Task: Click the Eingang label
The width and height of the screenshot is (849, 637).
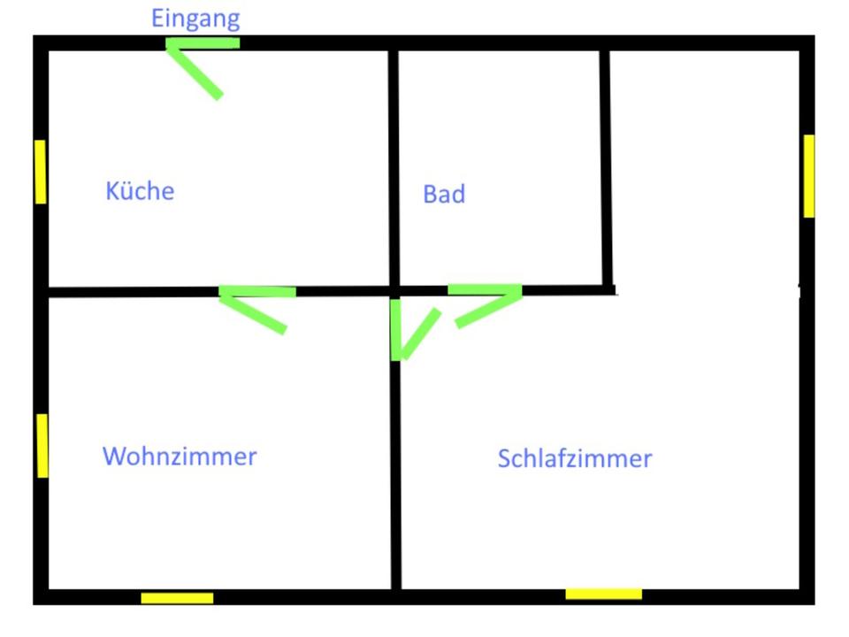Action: pyautogui.click(x=195, y=19)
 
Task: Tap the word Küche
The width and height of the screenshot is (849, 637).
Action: pyautogui.click(x=140, y=190)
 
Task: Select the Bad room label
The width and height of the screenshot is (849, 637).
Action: pyautogui.click(x=444, y=194)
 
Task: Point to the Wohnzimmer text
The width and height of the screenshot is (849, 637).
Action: pyautogui.click(x=180, y=456)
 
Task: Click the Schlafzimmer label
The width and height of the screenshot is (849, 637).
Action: pyautogui.click(x=575, y=458)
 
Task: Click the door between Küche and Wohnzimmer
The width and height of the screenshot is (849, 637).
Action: pyautogui.click(x=256, y=305)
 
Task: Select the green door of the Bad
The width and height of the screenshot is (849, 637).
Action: pyautogui.click(x=486, y=301)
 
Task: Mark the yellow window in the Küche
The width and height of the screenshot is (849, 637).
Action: pyautogui.click(x=40, y=172)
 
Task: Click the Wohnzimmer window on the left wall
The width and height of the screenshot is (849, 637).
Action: pyautogui.click(x=42, y=445)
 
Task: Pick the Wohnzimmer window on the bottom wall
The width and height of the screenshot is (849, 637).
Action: pyautogui.click(x=177, y=598)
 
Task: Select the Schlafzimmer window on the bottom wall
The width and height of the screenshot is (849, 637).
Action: pyautogui.click(x=603, y=594)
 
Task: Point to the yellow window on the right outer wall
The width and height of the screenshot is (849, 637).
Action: pyautogui.click(x=808, y=175)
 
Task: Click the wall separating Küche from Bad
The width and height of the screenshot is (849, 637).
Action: pyautogui.click(x=393, y=168)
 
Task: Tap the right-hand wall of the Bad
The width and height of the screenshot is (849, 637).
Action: pyautogui.click(x=607, y=168)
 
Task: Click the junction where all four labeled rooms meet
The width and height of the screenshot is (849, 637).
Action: pyautogui.click(x=394, y=290)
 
